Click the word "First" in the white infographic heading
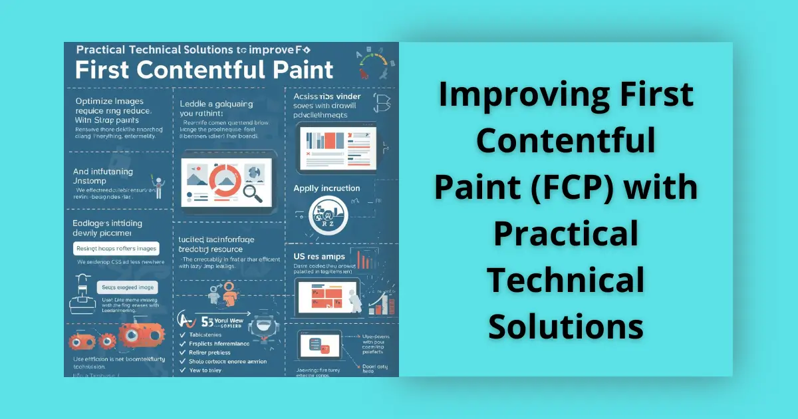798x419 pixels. coord(110,70)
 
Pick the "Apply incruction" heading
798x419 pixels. coord(327,188)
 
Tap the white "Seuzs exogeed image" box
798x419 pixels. coord(126,287)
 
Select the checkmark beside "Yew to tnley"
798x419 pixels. coord(182,370)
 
